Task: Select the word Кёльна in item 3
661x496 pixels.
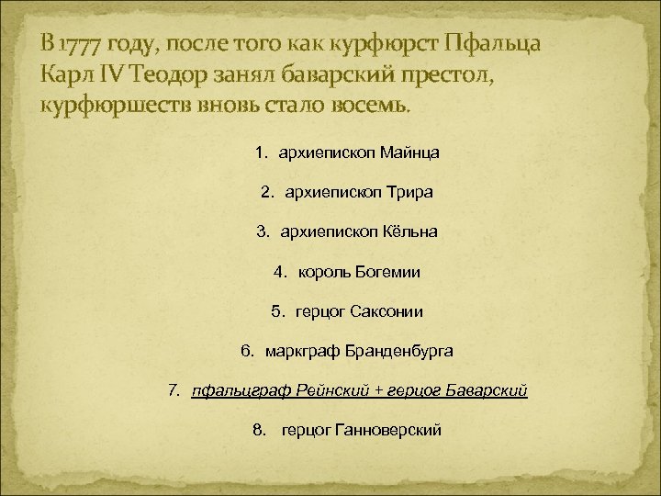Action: tap(409, 232)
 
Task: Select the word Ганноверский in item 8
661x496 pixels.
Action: tap(388, 430)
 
